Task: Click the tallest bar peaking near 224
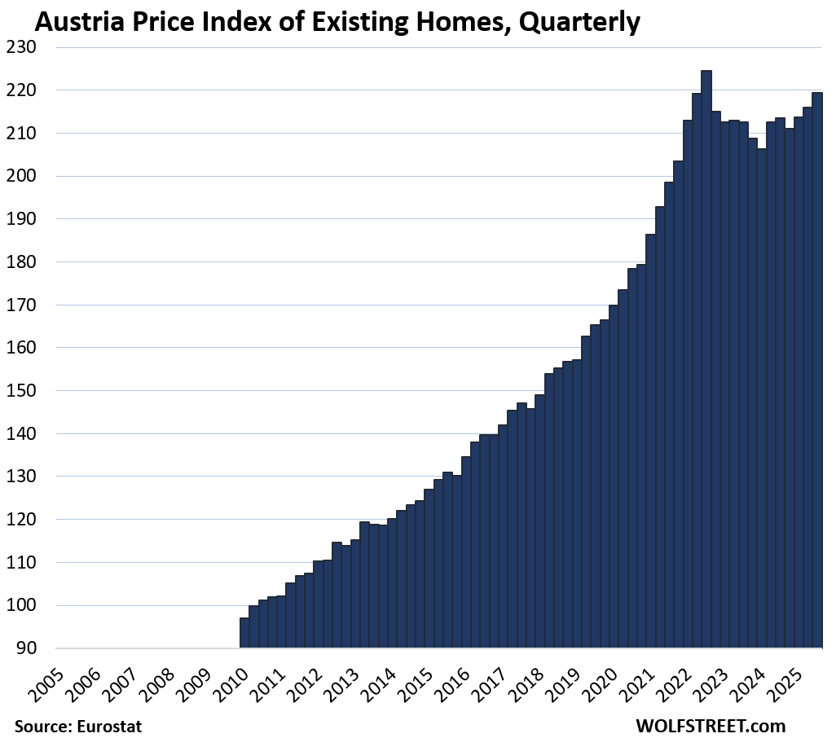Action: (x=706, y=358)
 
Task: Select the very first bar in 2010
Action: (x=244, y=633)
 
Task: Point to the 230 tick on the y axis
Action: (x=33, y=48)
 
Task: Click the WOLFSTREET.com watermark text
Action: (x=711, y=725)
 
